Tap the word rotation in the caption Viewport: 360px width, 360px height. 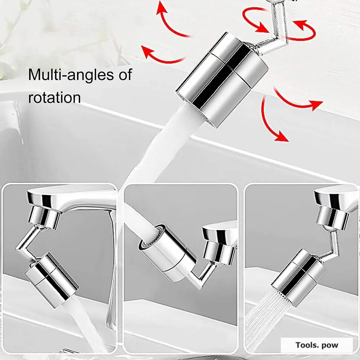54,97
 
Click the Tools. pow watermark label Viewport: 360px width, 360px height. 317,345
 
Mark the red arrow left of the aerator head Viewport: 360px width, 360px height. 162,54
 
